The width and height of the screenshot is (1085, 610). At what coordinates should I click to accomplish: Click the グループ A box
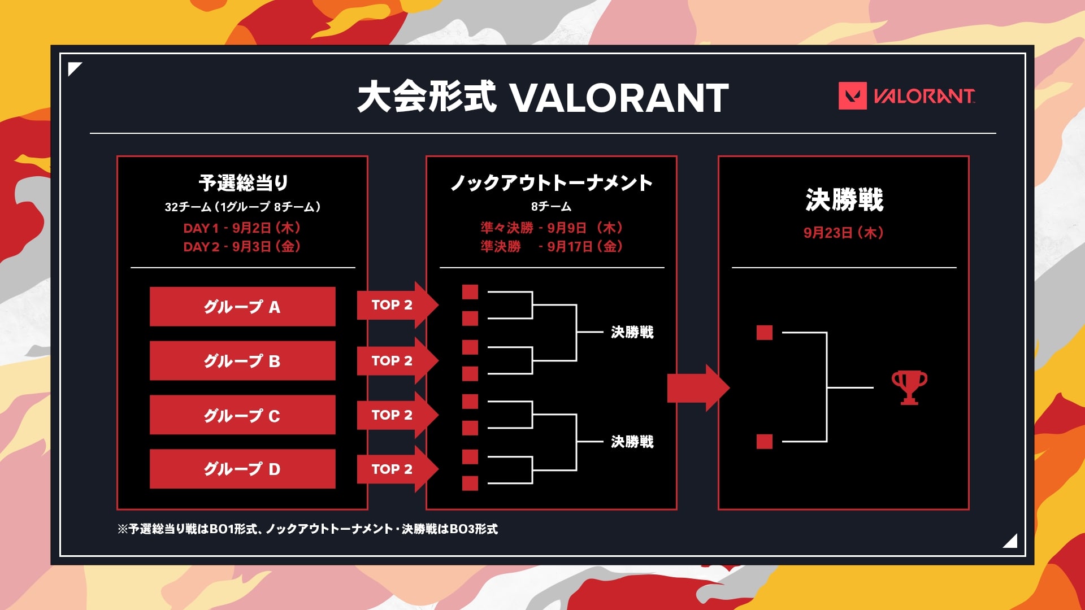coord(242,306)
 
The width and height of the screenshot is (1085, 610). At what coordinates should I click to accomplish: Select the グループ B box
coord(242,360)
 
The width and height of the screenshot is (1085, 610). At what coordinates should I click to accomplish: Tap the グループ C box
coord(242,415)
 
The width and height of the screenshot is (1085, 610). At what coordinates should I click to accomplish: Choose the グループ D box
coord(242,469)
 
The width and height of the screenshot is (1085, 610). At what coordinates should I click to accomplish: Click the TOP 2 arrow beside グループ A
coord(397,305)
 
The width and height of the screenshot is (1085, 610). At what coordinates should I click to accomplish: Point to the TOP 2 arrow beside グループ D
coord(397,469)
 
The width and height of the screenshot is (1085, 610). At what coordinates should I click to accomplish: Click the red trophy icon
coord(909,387)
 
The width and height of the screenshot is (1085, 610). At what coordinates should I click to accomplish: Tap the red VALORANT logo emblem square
coord(852,96)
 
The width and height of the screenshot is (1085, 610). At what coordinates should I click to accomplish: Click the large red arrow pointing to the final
coord(698,387)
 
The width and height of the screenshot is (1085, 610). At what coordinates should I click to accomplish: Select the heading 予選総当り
coord(244,182)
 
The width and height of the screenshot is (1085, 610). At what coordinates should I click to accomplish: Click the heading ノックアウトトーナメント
coord(552,182)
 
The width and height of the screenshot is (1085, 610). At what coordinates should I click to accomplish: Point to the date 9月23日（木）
coord(844,233)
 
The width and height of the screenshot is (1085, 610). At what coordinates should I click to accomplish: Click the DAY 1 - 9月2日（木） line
coord(242,228)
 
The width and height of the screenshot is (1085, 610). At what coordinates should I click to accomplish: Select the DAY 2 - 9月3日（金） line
coord(242,247)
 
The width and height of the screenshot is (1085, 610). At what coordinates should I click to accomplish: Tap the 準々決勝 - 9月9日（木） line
coord(552,228)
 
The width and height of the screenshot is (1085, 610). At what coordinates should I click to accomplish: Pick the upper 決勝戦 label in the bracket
coord(632,332)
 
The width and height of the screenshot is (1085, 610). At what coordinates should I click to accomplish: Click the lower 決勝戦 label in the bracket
coord(632,442)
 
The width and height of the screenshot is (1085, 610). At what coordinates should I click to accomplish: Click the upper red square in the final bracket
coord(765,333)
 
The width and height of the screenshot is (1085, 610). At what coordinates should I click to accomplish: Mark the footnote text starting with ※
coord(308,529)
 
